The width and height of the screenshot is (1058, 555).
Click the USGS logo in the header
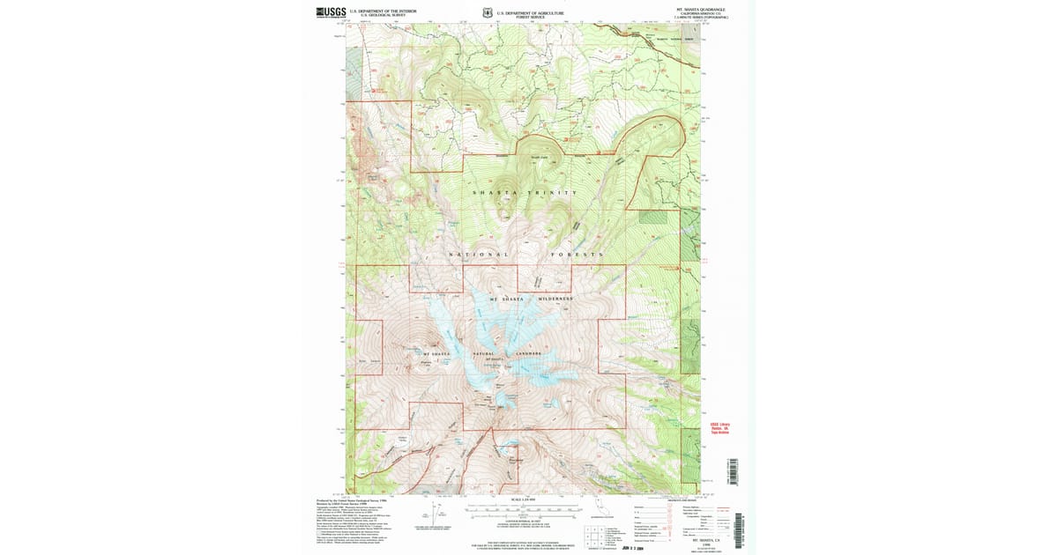pyautogui.click(x=332, y=12)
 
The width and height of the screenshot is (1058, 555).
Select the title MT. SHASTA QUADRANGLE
pyautogui.click(x=701, y=9)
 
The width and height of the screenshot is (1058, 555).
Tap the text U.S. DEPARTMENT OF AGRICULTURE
pyautogui.click(x=530, y=12)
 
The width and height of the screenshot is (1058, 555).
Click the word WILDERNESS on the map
pyautogui.click(x=555, y=299)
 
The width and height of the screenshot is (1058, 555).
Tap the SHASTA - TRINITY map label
pyautogui.click(x=525, y=192)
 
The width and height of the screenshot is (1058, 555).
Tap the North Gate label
pyautogui.click(x=538, y=159)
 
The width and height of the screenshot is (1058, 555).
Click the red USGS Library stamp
pyautogui.click(x=720, y=427)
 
